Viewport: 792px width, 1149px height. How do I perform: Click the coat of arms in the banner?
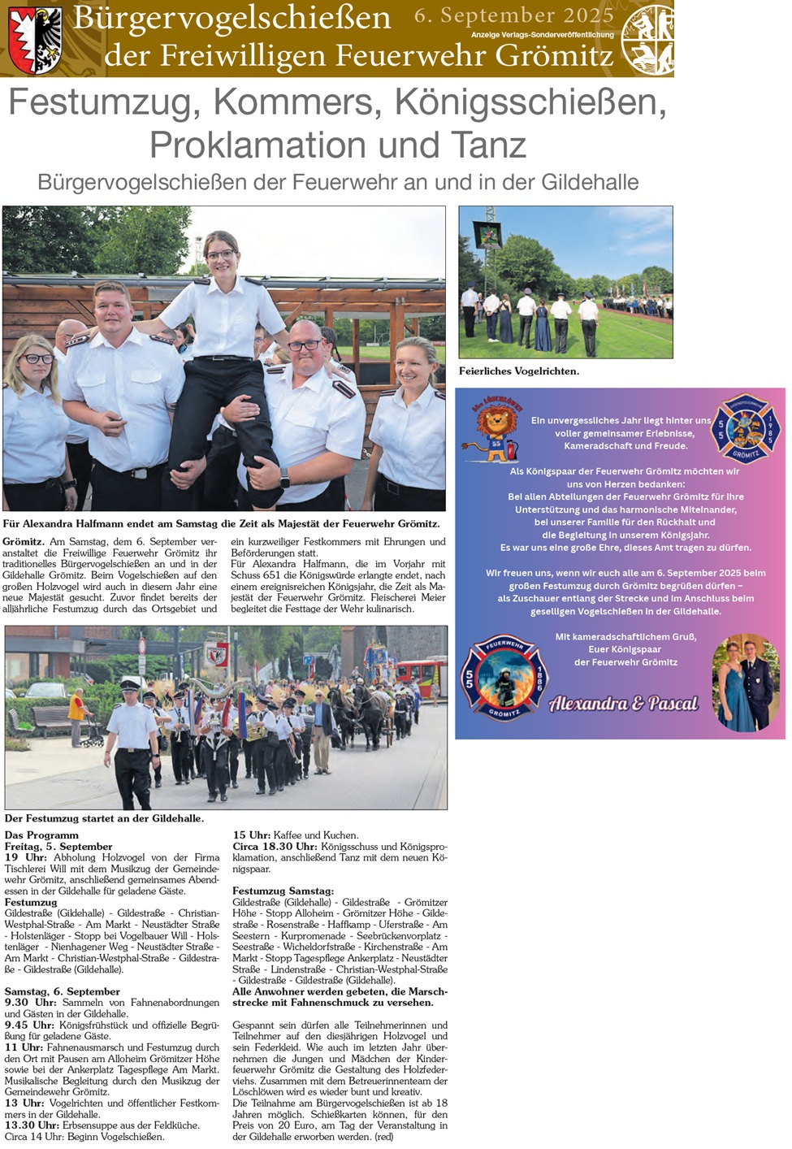[35, 39]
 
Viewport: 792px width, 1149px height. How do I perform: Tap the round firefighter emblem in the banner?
[647, 39]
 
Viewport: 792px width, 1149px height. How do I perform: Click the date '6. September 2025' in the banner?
[513, 15]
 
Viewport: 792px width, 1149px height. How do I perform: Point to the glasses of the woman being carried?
[220, 254]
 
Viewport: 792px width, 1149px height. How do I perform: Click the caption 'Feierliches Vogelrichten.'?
[518, 371]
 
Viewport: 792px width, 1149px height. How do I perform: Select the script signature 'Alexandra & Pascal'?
[623, 704]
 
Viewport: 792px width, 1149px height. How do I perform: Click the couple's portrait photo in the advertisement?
[745, 683]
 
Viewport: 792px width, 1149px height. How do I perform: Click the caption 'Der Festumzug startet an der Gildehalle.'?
[104, 818]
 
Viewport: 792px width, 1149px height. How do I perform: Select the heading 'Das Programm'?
[41, 835]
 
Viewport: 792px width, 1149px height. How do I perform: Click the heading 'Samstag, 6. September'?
[63, 991]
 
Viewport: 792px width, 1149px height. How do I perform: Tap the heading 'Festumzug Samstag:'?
[283, 891]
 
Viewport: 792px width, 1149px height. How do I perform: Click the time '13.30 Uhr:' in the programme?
[32, 1125]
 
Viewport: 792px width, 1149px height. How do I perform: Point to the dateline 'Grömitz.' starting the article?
[24, 541]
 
